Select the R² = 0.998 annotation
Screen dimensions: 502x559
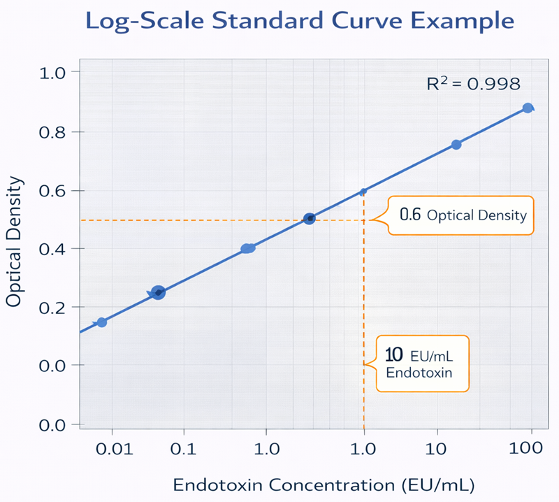tap(473, 84)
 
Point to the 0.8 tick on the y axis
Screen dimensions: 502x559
tap(52, 131)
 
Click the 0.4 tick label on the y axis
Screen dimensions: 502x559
tap(52, 249)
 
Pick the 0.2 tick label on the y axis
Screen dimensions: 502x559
tap(52, 308)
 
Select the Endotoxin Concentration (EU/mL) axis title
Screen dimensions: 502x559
tap(324, 484)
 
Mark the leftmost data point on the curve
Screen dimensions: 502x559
tap(102, 322)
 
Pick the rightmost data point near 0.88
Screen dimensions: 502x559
tap(528, 108)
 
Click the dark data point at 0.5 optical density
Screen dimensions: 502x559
tap(310, 218)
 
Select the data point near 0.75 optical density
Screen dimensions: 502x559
tap(456, 145)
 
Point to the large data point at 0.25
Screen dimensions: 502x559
tap(158, 293)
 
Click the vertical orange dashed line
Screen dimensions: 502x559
tap(363, 315)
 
